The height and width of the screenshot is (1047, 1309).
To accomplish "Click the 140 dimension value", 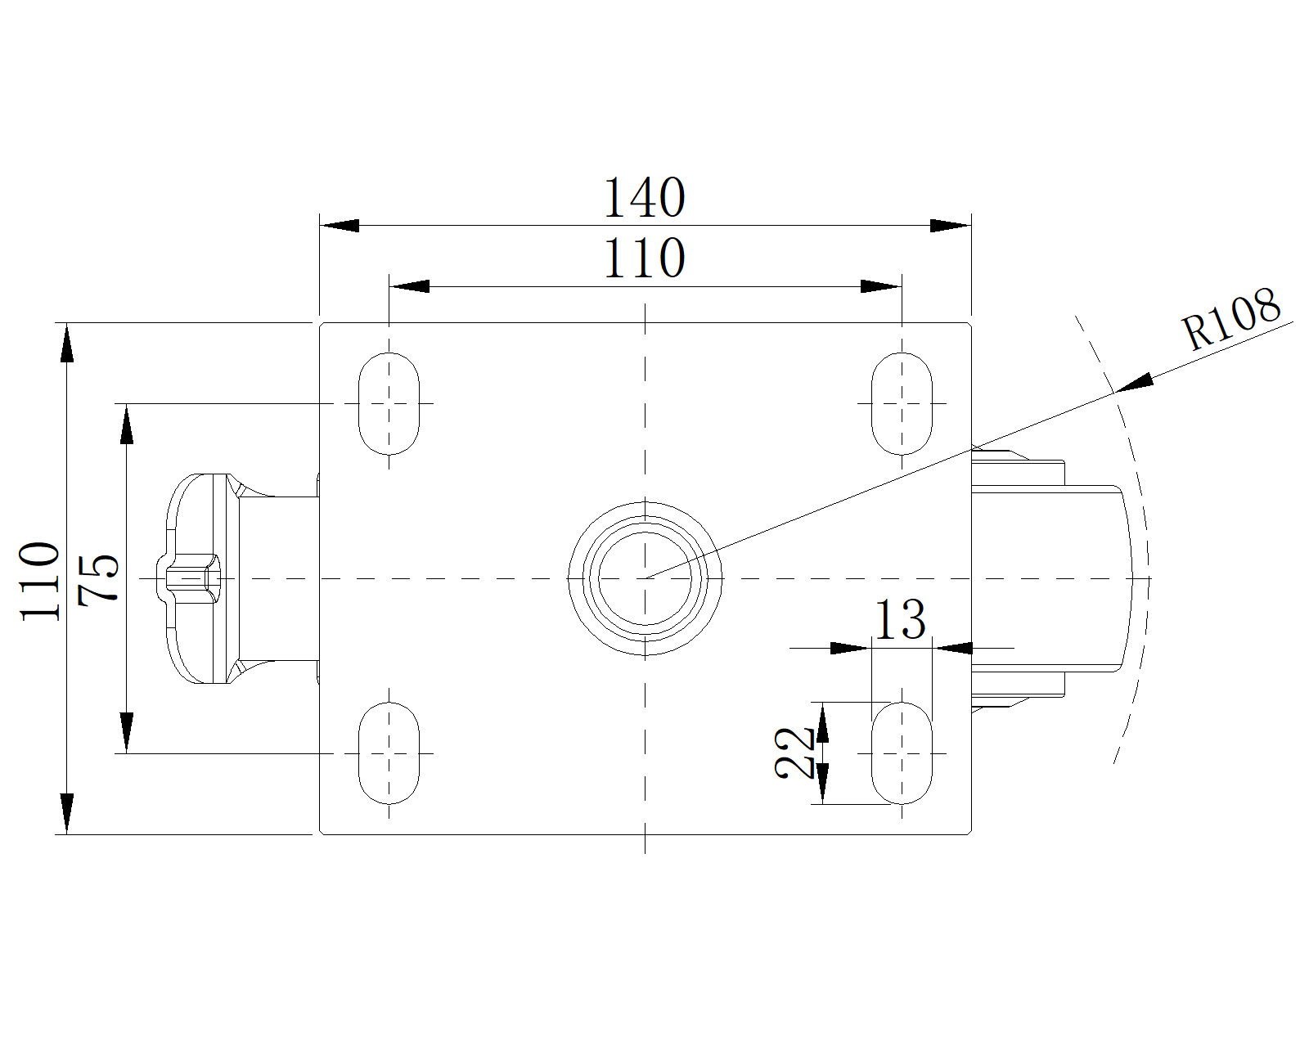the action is click(x=645, y=198).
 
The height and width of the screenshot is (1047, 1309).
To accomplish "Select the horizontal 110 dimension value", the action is click(x=645, y=258).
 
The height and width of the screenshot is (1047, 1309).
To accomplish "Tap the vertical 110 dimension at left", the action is click(x=41, y=581).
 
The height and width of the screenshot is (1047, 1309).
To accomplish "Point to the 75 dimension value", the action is click(x=98, y=578).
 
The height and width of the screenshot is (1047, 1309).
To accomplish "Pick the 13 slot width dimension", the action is click(x=900, y=619).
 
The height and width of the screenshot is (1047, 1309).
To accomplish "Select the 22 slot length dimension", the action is click(x=794, y=753).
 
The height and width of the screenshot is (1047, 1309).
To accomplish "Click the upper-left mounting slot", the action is click(x=389, y=403).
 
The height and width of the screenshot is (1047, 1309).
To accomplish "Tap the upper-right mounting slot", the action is click(x=902, y=403).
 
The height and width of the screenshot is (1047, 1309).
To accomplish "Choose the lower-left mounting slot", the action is click(x=389, y=753).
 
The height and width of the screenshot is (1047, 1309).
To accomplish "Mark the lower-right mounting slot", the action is click(x=902, y=753).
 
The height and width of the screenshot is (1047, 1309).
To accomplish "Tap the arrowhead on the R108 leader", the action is click(x=1135, y=384).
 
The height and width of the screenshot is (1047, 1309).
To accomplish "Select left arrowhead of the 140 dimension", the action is click(x=340, y=226).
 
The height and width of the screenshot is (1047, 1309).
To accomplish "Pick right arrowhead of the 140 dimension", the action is click(x=951, y=226).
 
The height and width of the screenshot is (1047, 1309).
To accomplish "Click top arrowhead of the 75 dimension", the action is click(x=127, y=425).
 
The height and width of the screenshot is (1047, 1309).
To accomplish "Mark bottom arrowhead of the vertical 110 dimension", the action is click(x=68, y=813).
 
